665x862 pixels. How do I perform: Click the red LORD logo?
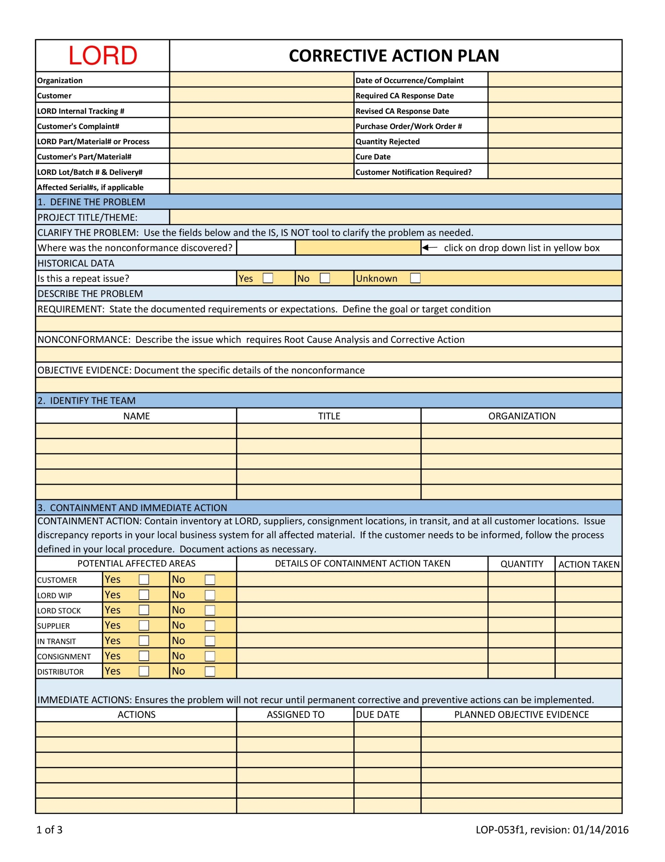[x=103, y=56]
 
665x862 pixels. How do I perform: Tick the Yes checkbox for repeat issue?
[x=268, y=278]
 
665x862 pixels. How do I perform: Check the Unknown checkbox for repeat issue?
[x=415, y=278]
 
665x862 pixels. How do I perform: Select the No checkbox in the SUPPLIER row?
[x=210, y=626]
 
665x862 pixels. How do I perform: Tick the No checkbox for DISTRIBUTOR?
[x=210, y=671]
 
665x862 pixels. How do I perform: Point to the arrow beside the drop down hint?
[x=429, y=248]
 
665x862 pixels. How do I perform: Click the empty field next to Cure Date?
[x=555, y=156]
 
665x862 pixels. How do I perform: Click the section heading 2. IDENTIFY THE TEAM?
[x=87, y=401]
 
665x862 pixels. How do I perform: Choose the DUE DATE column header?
[x=378, y=715]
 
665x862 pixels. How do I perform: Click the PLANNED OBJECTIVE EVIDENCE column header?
[x=521, y=715]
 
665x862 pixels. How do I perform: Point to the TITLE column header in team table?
[x=329, y=416]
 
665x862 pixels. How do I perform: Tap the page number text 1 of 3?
[x=49, y=830]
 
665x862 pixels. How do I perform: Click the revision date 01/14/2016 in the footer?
[x=600, y=830]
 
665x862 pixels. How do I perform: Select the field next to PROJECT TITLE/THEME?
[x=395, y=217]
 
